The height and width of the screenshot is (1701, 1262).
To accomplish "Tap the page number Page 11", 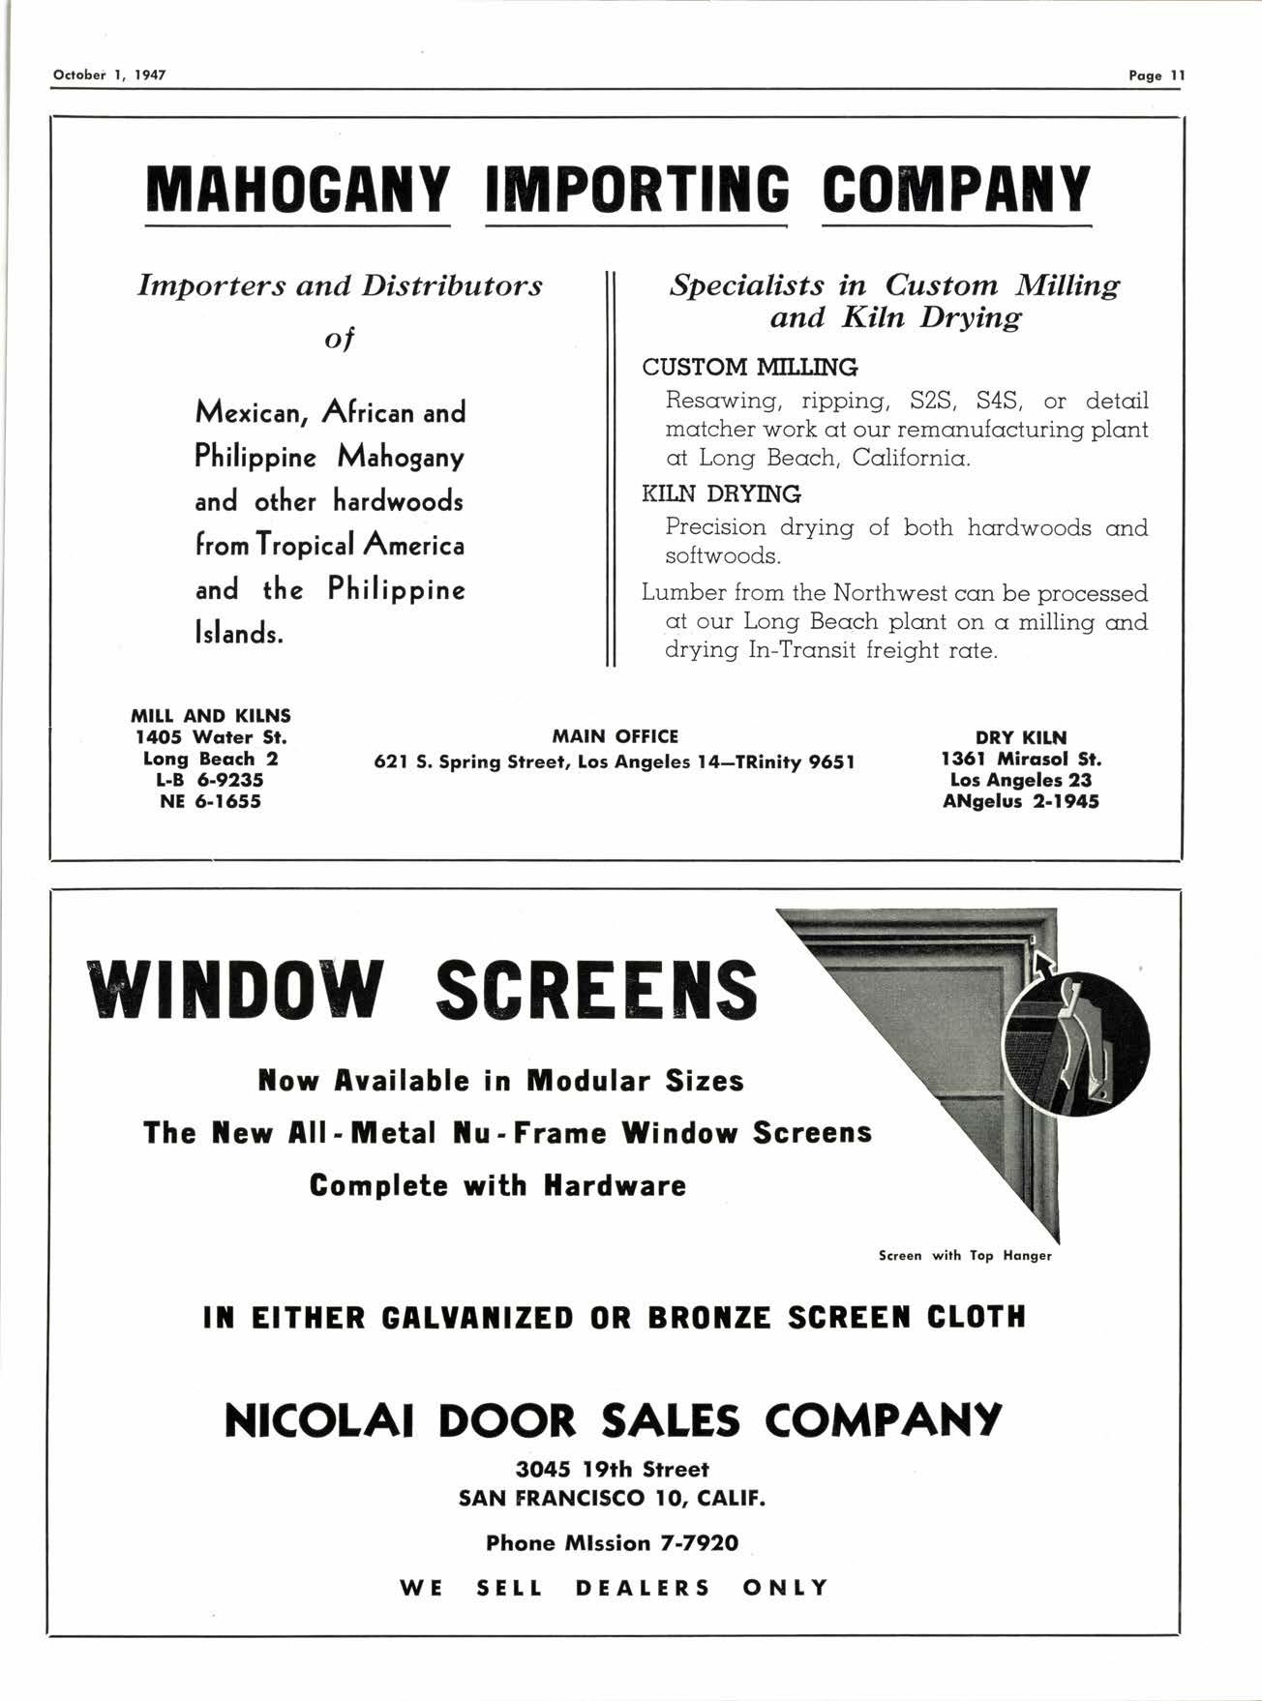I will tap(1156, 75).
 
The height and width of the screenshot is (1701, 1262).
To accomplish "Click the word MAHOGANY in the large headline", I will tap(298, 191).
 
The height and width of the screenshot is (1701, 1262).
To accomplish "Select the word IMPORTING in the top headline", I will tap(636, 191).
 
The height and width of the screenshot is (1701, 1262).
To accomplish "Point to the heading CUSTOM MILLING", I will tap(750, 368).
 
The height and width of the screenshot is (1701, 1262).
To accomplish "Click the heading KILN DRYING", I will tap(722, 494).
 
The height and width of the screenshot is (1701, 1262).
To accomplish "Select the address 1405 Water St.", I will tap(211, 737).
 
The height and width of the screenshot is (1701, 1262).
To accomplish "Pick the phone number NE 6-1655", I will tap(211, 801).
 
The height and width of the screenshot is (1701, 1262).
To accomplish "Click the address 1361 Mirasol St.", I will tap(1021, 759).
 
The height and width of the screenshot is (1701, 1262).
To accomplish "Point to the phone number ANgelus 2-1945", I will tap(1021, 801).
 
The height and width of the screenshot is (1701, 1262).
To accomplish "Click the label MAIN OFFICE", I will tap(615, 737).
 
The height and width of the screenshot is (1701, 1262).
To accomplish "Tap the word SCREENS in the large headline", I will tap(596, 989).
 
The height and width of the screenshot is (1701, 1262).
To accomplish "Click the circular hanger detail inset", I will tap(1077, 1041).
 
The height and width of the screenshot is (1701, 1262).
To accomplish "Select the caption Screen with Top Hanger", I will tap(964, 1255).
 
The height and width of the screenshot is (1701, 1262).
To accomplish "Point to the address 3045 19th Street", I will tap(613, 1470).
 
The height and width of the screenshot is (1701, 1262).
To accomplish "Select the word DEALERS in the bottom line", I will tap(643, 1588).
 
